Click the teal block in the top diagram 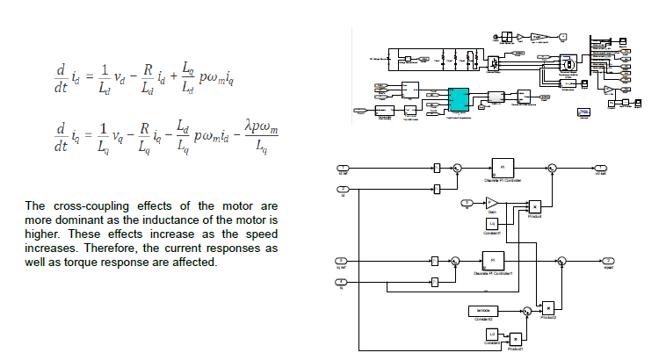(459, 99)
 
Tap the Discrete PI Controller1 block (493, 261)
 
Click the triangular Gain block (492, 204)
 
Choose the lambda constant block (481, 310)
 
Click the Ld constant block (492, 333)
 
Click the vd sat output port (602, 167)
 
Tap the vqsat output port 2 (607, 261)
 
